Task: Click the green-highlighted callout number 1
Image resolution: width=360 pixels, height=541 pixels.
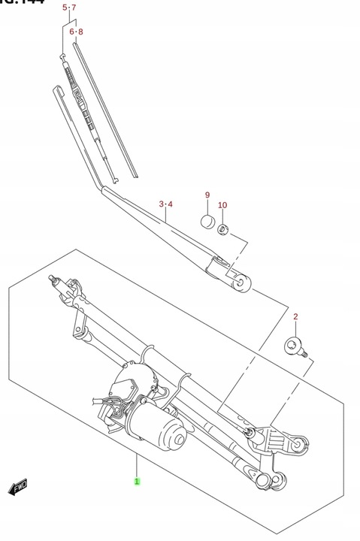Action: (x=137, y=481)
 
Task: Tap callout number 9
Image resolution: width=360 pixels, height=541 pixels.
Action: (x=207, y=196)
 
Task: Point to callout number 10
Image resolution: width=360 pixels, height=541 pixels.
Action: (x=222, y=205)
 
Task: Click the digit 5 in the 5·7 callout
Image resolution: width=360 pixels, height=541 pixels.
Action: (x=65, y=8)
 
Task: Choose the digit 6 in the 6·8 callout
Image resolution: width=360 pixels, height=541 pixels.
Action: (x=71, y=32)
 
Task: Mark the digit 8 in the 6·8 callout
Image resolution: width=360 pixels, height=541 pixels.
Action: (x=80, y=32)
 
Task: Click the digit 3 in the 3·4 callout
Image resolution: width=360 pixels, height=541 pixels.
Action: (x=161, y=204)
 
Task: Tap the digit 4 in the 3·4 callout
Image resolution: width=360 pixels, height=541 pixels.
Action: (x=171, y=204)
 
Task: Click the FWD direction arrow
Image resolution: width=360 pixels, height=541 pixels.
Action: (x=18, y=489)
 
